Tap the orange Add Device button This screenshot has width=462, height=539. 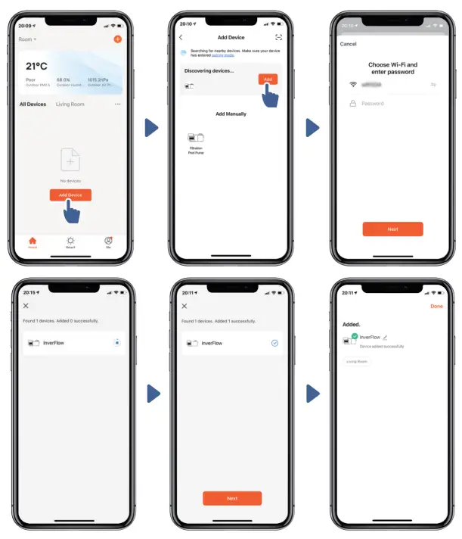point(70,195)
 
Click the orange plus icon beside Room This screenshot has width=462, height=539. point(117,39)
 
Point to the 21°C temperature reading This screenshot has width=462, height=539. point(36,67)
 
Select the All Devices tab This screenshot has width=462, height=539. point(33,104)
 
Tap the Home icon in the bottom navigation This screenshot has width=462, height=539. point(33,241)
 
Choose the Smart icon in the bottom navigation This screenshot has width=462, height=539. point(70,241)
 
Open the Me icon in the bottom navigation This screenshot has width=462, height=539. point(108,241)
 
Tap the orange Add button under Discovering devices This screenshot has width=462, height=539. point(268,79)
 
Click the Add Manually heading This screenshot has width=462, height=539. point(231,114)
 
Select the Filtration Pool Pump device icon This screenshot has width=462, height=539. point(196,139)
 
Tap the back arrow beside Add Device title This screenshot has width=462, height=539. point(181,37)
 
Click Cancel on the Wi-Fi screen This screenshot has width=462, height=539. point(349,44)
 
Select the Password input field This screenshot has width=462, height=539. point(393,104)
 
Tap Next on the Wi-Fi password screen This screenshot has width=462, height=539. point(392,229)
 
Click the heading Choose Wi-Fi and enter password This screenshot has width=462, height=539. point(392,68)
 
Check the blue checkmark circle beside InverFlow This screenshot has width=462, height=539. point(274,343)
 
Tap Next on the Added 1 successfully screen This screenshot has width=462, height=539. point(231,498)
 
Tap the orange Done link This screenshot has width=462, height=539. point(436,307)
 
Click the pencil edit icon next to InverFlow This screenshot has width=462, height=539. point(385,337)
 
